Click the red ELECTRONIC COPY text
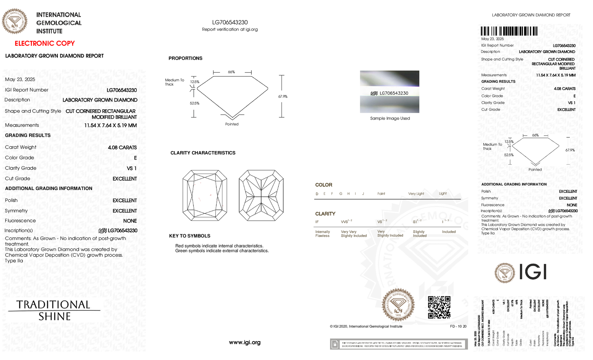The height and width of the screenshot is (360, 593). click(44, 43)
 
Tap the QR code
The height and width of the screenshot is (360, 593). click(439, 307)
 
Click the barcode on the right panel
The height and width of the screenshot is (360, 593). click(509, 31)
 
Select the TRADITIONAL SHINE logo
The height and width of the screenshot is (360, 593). click(54, 310)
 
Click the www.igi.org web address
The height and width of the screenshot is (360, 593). click(245, 342)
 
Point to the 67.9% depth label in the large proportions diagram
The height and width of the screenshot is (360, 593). click(283, 97)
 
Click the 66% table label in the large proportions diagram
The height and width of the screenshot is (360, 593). click(232, 72)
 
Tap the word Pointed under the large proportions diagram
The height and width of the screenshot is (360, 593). click(232, 124)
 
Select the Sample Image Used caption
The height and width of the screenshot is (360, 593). click(390, 118)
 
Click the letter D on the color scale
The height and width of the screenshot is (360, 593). click(317, 194)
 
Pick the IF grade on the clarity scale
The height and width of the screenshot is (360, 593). click(317, 222)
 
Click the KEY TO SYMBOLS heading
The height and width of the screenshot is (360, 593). click(190, 236)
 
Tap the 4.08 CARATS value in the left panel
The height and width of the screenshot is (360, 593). click(122, 148)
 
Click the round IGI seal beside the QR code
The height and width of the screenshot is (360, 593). click(398, 305)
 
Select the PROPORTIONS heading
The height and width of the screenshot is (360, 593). click(185, 58)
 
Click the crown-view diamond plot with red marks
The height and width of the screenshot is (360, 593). click(204, 195)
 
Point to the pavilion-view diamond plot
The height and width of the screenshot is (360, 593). click(261, 195)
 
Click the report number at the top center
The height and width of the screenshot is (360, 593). click(230, 22)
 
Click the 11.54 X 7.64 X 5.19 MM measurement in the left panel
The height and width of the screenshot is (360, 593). click(110, 125)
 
